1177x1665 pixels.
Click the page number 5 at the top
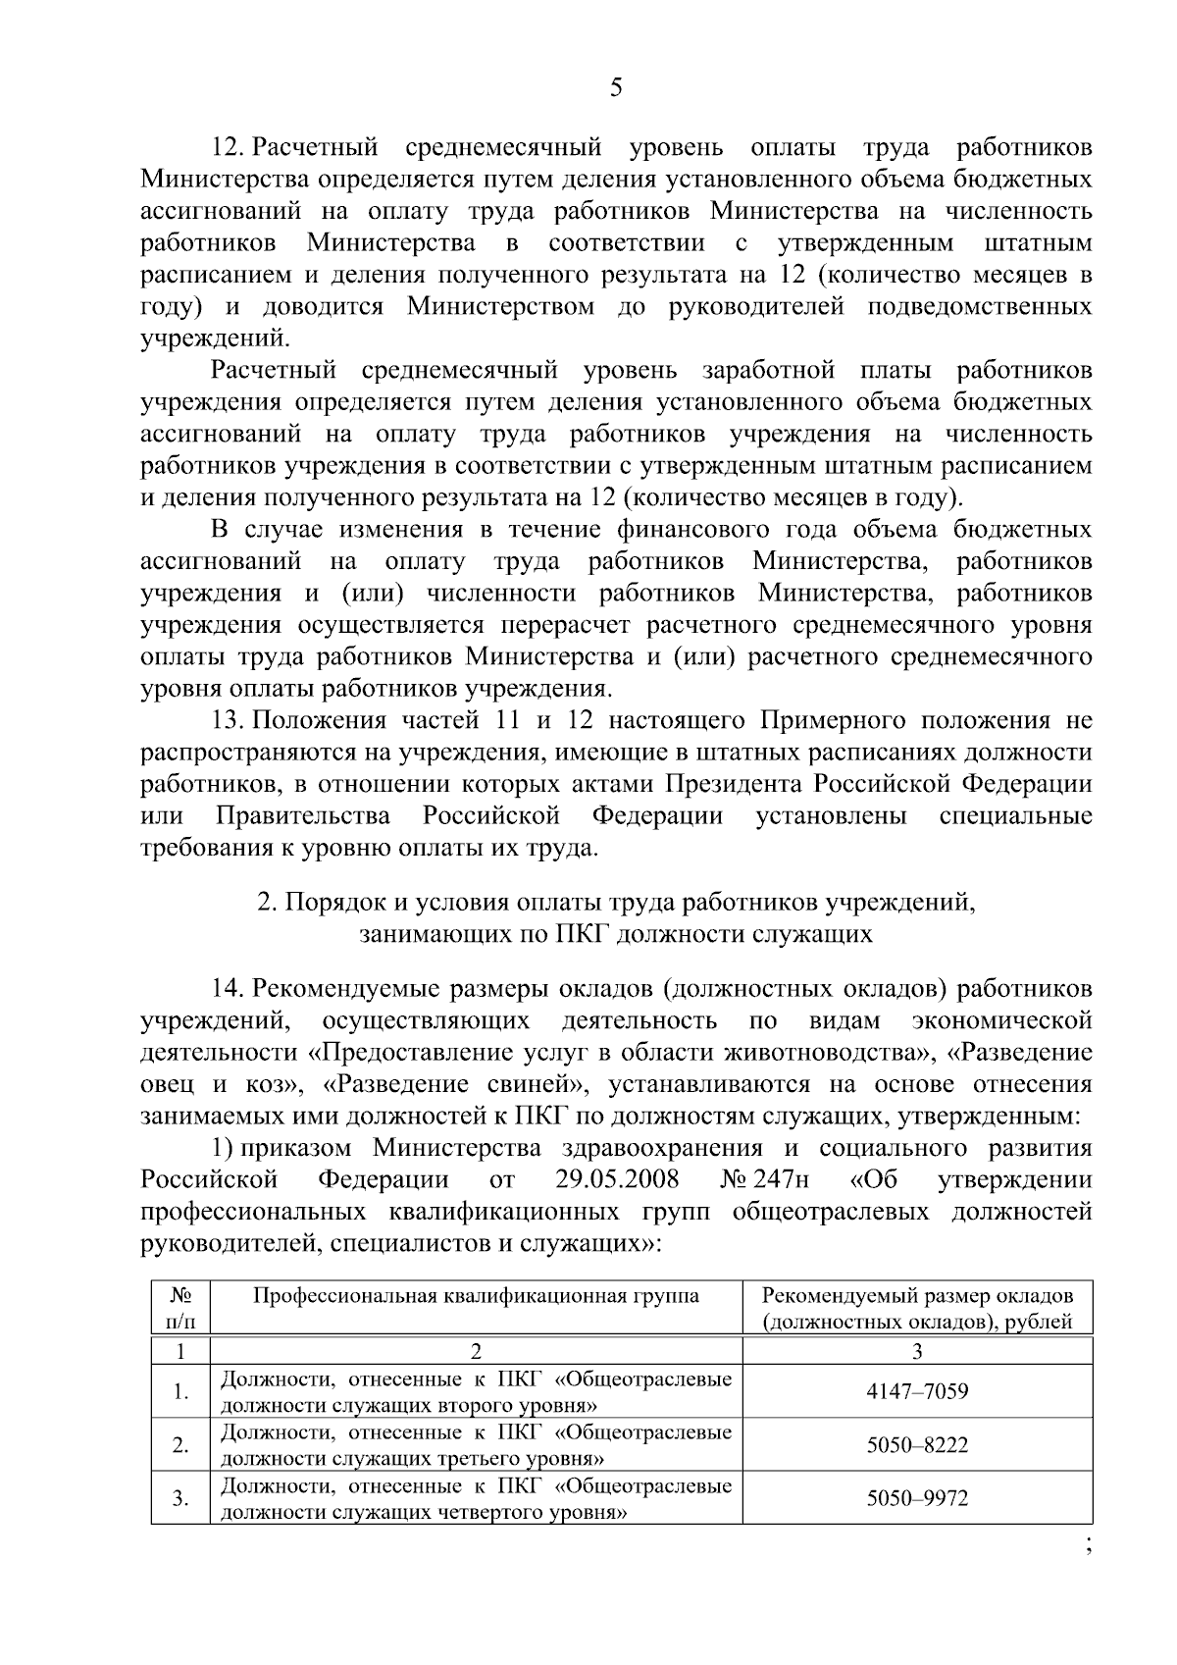[615, 89]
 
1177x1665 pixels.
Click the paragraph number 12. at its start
[229, 148]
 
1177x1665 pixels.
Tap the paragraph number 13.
[229, 721]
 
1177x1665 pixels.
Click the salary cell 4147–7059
[917, 1391]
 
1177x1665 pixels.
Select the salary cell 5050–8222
[917, 1445]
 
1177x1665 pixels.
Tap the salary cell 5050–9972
[917, 1499]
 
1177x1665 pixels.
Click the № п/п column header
[180, 1309]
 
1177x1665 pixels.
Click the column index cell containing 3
[917, 1352]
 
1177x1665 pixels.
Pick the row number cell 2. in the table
[180, 1445]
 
